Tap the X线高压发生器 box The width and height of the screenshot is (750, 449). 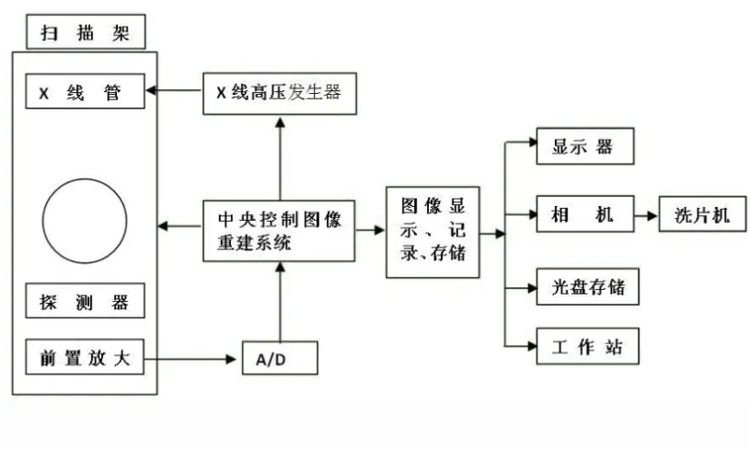(279, 92)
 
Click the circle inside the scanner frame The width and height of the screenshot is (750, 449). (85, 224)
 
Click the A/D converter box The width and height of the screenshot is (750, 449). (279, 357)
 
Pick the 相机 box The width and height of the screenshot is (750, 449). (584, 216)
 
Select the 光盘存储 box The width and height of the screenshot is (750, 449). (584, 287)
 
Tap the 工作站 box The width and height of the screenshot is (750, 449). (584, 348)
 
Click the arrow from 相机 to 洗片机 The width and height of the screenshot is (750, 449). (646, 216)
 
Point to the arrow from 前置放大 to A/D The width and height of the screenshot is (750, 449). (199, 358)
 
